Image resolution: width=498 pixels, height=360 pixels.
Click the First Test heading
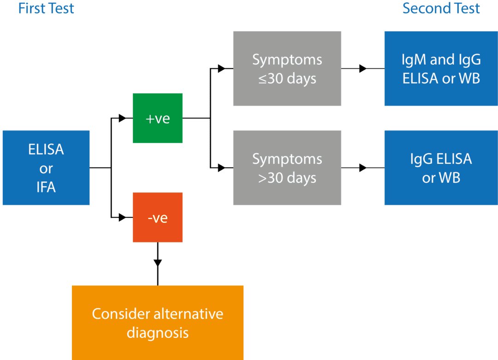pos(46,8)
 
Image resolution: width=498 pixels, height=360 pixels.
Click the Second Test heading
pos(441,8)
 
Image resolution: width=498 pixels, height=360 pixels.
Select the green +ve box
pos(158,118)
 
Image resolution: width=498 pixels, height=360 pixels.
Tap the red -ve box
pos(158,217)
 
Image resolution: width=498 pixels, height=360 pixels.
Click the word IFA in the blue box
pos(46,187)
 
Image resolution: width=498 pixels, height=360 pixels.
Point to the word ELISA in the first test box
pos(46,150)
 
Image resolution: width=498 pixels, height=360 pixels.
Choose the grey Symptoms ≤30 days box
pos(287,69)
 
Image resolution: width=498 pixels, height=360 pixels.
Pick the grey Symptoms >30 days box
pos(287,168)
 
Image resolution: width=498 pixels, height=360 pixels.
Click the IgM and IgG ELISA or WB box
pos(441,69)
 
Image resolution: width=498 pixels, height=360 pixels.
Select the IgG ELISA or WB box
pos(441,168)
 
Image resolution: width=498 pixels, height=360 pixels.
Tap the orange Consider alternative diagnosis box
pos(158,323)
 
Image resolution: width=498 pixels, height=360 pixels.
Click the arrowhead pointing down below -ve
pos(158,263)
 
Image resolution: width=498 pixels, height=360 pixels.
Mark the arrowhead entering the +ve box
pos(122,118)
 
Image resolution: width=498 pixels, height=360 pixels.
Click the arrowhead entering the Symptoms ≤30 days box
pos(222,69)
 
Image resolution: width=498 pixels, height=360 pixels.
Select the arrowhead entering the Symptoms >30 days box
pos(222,168)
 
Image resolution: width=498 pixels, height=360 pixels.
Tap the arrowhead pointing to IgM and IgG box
pos(363,69)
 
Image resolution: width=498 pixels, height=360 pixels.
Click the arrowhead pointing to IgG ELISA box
pos(363,168)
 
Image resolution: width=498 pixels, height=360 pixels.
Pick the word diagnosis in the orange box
pos(158,332)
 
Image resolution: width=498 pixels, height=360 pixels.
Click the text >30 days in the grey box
pos(287,178)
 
